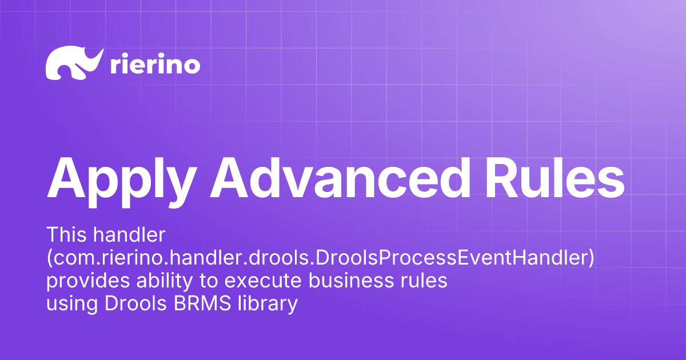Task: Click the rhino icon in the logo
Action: point(73,63)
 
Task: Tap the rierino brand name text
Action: point(154,65)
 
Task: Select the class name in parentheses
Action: point(320,258)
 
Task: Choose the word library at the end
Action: point(268,304)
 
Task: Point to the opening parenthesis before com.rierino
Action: point(49,258)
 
